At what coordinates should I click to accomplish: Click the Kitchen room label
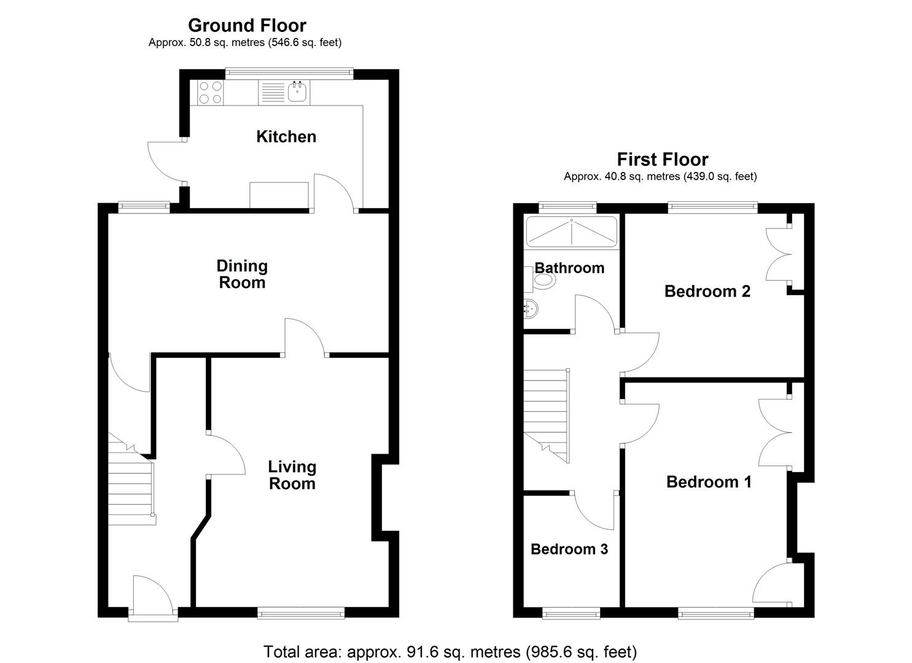tap(286, 136)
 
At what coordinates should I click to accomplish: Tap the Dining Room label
tap(242, 274)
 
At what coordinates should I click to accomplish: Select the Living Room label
tap(292, 475)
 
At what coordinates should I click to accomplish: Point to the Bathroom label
tap(569, 268)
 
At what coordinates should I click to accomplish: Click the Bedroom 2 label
tap(707, 291)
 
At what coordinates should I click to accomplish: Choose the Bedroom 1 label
tap(709, 482)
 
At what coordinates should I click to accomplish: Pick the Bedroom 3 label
tap(569, 549)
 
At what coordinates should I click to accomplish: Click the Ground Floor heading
tap(247, 25)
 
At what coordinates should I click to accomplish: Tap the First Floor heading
tap(663, 160)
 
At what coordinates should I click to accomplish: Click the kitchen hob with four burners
tap(210, 93)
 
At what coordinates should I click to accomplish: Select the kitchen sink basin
tap(297, 92)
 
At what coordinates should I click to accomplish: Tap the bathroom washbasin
tap(531, 308)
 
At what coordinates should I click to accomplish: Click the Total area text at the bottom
tap(450, 651)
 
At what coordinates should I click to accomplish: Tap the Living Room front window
tap(301, 611)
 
